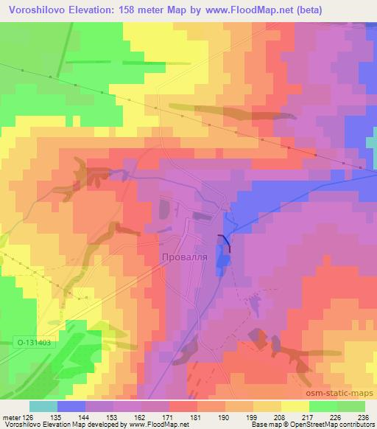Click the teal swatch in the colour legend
coord(43,406)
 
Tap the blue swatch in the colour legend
coord(71,406)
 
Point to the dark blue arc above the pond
coord(224,240)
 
